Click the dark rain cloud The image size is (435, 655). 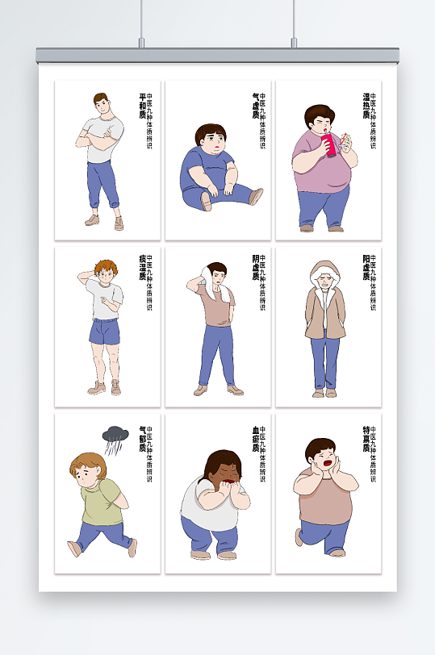(115, 436)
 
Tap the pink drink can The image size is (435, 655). (328, 145)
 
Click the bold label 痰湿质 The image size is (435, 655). (143, 269)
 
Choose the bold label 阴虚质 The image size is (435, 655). (255, 269)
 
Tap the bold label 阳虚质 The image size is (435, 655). (366, 269)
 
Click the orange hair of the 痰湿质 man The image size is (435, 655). (105, 267)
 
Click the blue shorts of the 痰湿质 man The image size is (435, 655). (104, 331)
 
